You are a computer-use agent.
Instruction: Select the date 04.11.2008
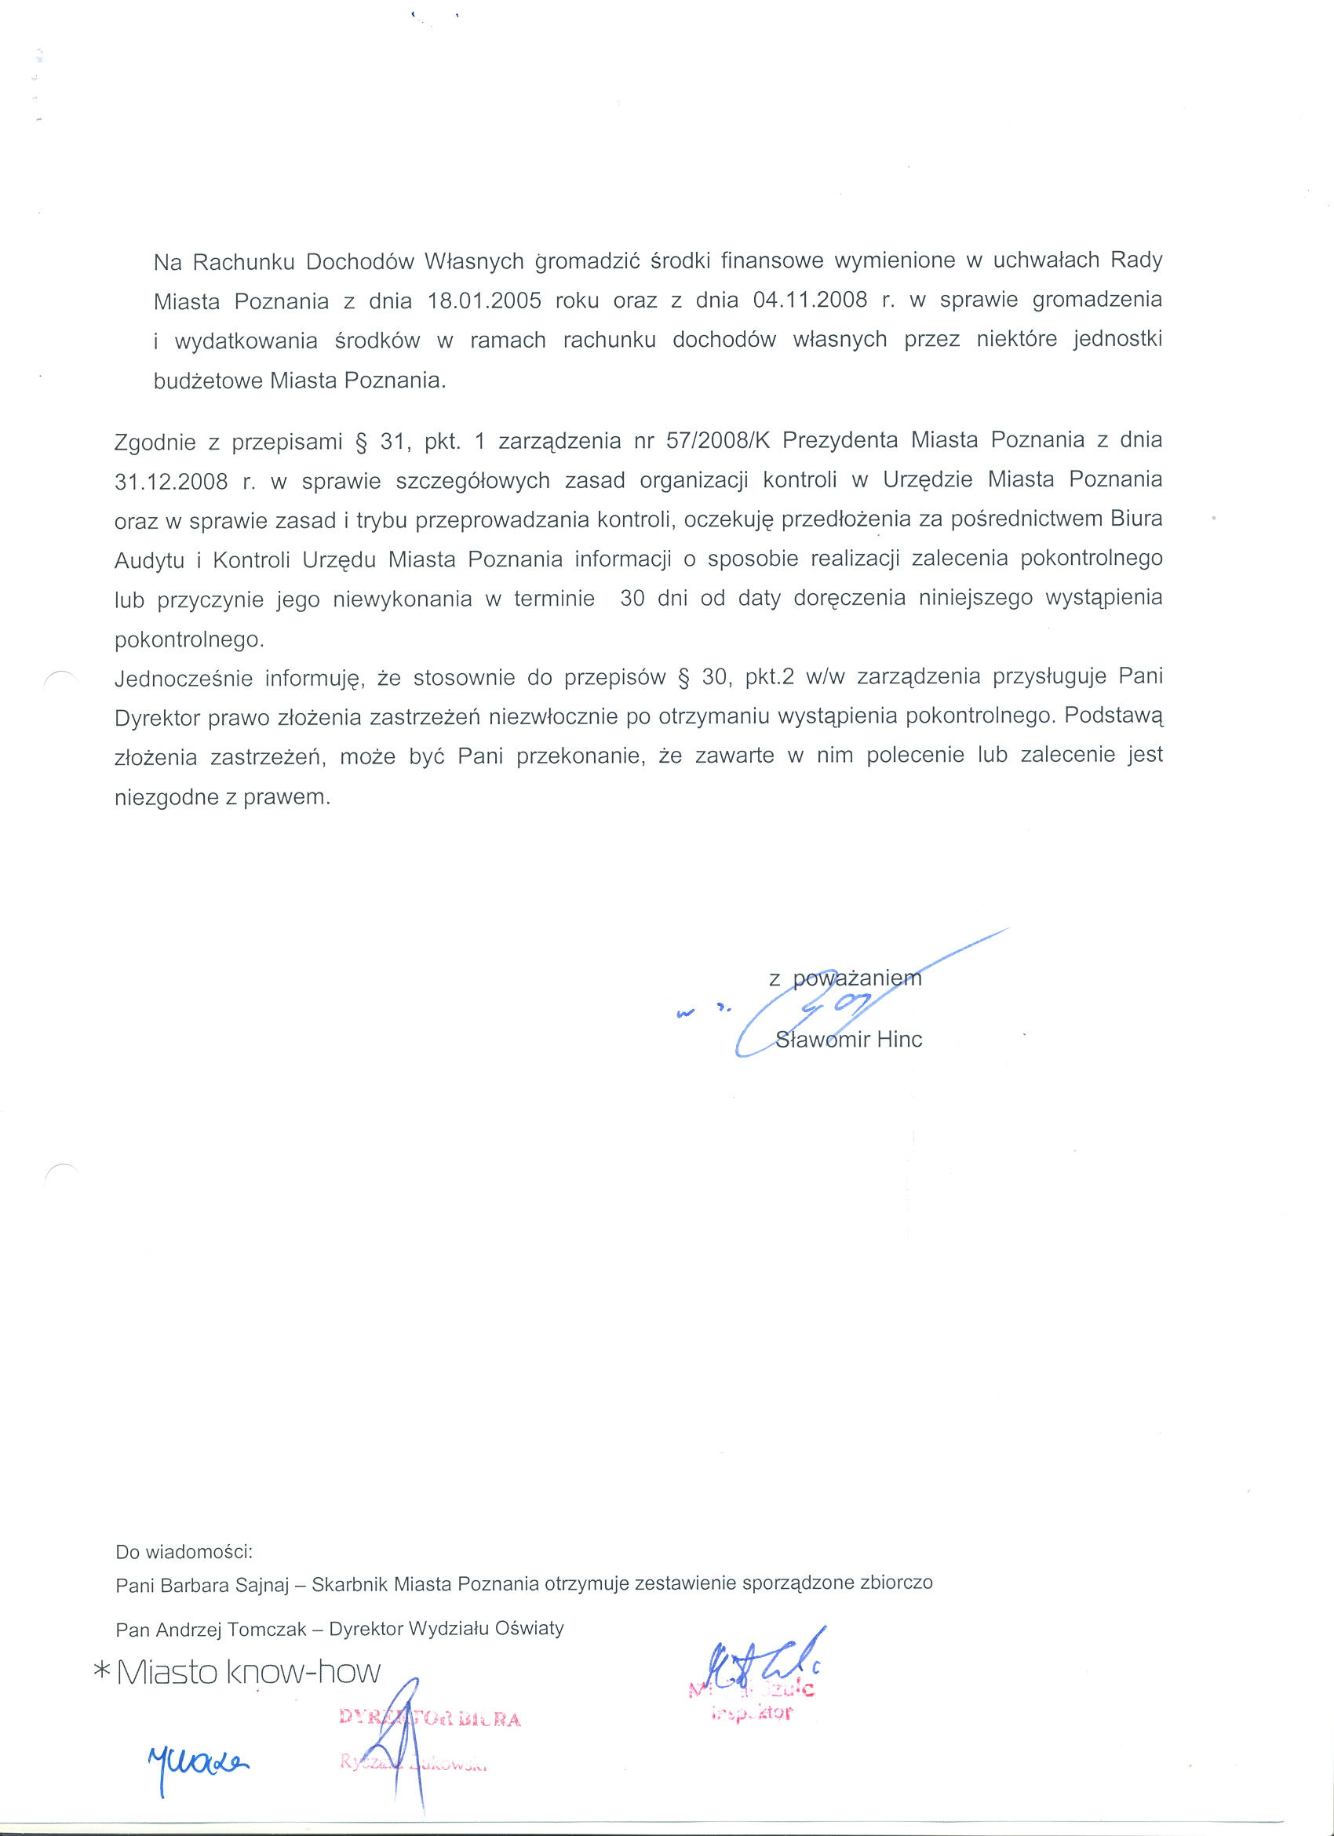(x=811, y=300)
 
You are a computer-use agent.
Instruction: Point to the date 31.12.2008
(x=171, y=483)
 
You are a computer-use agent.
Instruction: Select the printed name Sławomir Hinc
(x=848, y=1040)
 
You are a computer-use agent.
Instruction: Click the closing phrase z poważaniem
(x=845, y=978)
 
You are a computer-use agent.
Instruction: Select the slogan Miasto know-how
(x=249, y=1673)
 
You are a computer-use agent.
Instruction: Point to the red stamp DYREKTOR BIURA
(x=430, y=1718)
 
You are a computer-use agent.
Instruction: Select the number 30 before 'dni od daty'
(x=632, y=598)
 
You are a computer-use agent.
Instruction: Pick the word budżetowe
(x=209, y=381)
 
